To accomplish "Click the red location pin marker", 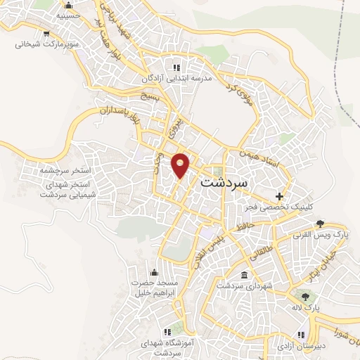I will pos(181,165).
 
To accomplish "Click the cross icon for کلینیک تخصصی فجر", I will pos(280,195).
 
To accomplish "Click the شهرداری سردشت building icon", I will pos(244,274).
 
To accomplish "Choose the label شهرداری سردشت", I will pos(239,285).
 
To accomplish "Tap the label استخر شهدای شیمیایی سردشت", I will pos(56,188).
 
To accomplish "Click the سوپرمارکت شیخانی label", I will pos(44,44).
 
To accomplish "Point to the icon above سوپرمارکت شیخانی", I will pos(46,33).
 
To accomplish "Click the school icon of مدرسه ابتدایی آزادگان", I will pos(176,67).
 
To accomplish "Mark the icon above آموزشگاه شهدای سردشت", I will pos(167,330).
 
